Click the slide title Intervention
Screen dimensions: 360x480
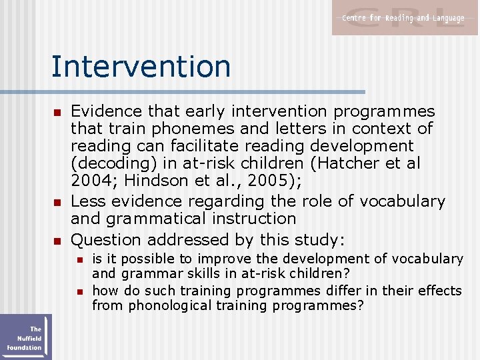click(141, 67)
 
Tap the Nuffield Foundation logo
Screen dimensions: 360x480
click(25, 337)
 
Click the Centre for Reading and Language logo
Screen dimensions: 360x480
click(405, 18)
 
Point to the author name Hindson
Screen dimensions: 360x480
click(153, 180)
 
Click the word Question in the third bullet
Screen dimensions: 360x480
click(106, 239)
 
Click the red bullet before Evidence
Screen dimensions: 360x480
click(57, 112)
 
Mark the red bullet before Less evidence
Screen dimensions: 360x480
click(57, 202)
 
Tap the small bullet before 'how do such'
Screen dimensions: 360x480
click(79, 291)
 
